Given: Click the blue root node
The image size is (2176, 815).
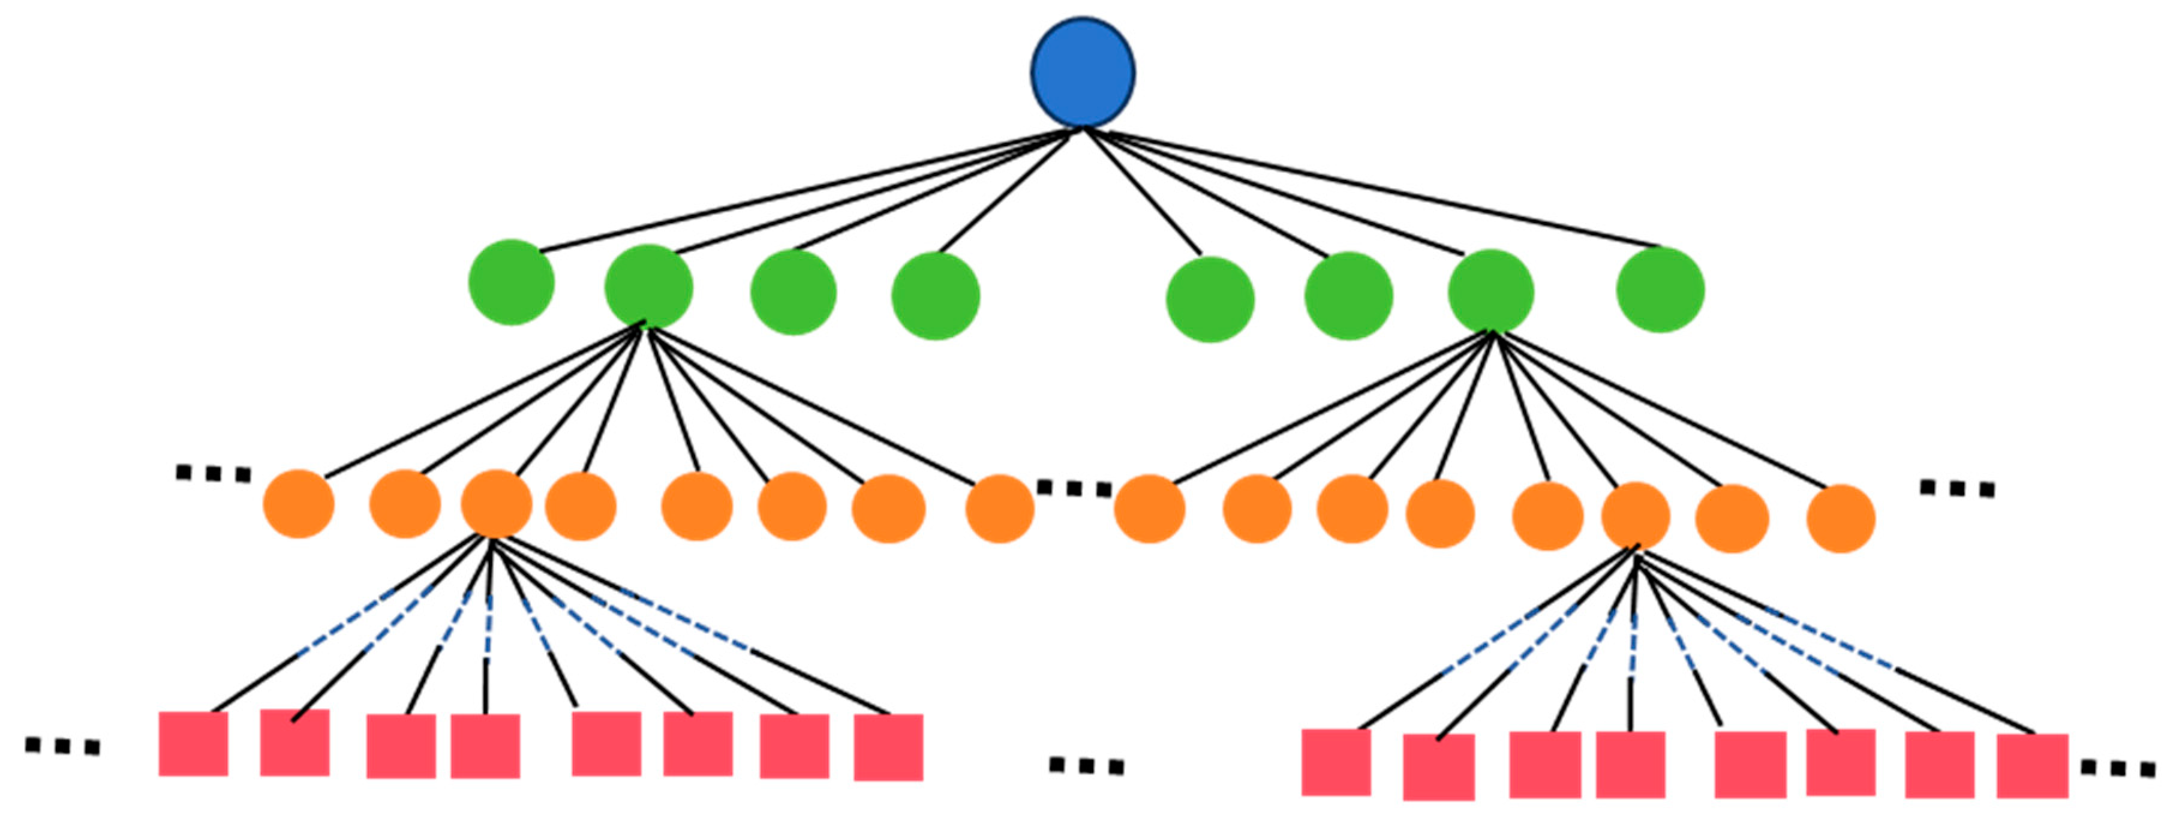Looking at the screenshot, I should tap(1082, 73).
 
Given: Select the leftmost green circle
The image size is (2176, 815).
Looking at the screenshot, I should tap(511, 282).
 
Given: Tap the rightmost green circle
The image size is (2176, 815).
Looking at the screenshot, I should tap(1660, 290).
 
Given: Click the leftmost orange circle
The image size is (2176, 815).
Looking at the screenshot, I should tap(298, 504).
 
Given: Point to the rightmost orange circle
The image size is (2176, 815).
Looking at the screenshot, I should tap(1841, 519).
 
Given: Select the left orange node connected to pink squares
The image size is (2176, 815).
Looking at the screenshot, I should tap(496, 504).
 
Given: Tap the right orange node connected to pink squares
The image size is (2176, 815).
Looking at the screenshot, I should tap(1636, 516).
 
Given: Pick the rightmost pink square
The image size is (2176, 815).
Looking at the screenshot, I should tap(2031, 766).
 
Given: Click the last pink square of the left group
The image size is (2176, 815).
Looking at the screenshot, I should tap(888, 747).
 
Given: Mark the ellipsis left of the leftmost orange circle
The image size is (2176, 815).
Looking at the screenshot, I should tap(213, 474).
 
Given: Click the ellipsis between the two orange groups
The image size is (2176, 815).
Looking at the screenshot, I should tap(1074, 488).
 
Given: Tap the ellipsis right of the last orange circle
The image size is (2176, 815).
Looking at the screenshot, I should tap(1956, 488).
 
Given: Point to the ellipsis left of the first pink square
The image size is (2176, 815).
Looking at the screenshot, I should tap(62, 746).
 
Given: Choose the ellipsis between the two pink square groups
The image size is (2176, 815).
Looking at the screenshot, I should tap(1086, 766).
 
